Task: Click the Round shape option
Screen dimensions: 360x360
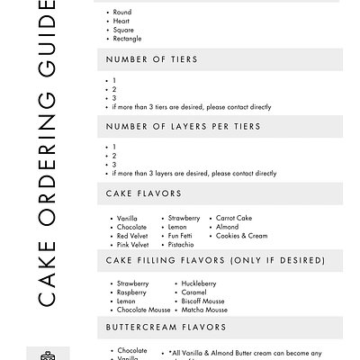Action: point(123,13)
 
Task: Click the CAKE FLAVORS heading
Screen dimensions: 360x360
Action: point(144,193)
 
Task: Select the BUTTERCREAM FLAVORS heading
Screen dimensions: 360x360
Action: point(166,328)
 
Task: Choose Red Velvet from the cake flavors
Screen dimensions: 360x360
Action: point(132,236)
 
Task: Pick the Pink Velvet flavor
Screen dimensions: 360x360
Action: point(132,245)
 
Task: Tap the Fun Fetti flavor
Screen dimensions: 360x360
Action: point(183,236)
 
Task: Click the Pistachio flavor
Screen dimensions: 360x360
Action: point(181,245)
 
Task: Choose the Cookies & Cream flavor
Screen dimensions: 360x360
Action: point(241,236)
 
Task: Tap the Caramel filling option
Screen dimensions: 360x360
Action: point(194,293)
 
